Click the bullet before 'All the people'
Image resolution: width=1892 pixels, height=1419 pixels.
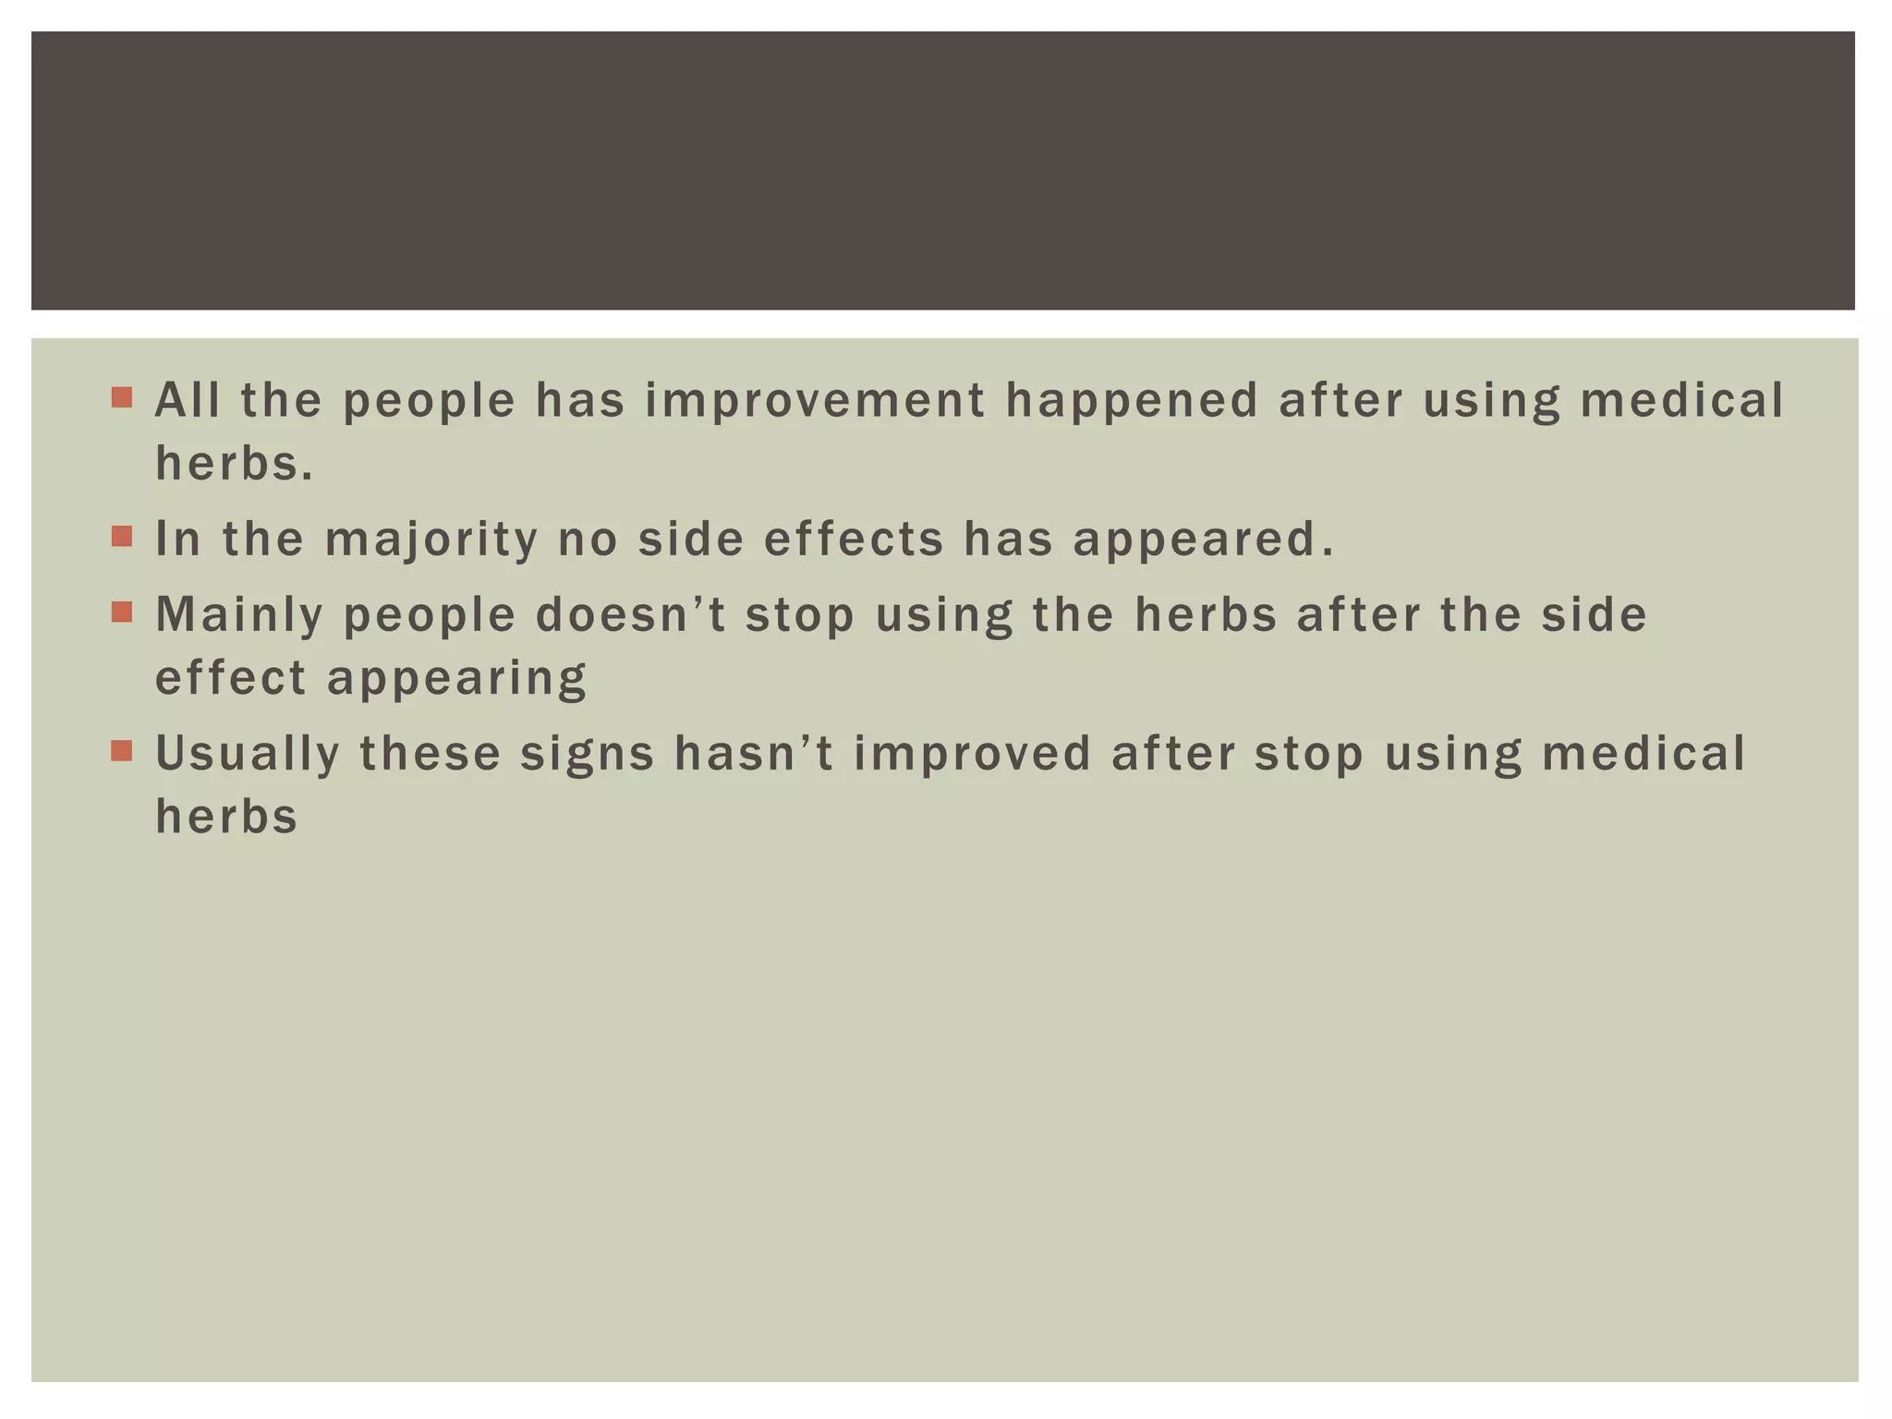click(x=122, y=398)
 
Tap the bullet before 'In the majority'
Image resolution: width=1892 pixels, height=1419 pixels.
click(x=122, y=537)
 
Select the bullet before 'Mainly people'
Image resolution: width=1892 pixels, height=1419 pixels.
click(x=122, y=612)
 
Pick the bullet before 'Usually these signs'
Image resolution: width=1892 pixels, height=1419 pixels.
click(x=122, y=751)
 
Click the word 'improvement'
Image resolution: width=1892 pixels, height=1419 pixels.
click(x=815, y=401)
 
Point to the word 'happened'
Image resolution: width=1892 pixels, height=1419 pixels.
click(x=1132, y=401)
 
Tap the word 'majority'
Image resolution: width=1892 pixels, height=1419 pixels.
click(x=431, y=540)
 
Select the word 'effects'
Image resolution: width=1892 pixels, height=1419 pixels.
click(x=854, y=539)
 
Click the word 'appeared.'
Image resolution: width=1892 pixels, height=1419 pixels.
click(x=1204, y=540)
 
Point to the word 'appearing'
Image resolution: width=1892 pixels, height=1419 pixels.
click(x=456, y=680)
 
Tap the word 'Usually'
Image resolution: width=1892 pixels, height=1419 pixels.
click(x=248, y=754)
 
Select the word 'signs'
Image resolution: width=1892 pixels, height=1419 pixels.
click(x=588, y=755)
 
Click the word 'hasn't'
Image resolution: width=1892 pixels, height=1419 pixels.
click(x=754, y=753)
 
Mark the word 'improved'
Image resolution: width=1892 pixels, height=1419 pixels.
click(x=973, y=754)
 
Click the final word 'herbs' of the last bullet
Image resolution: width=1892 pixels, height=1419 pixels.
click(x=226, y=816)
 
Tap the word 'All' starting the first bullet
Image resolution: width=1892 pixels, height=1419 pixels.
click(x=188, y=400)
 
